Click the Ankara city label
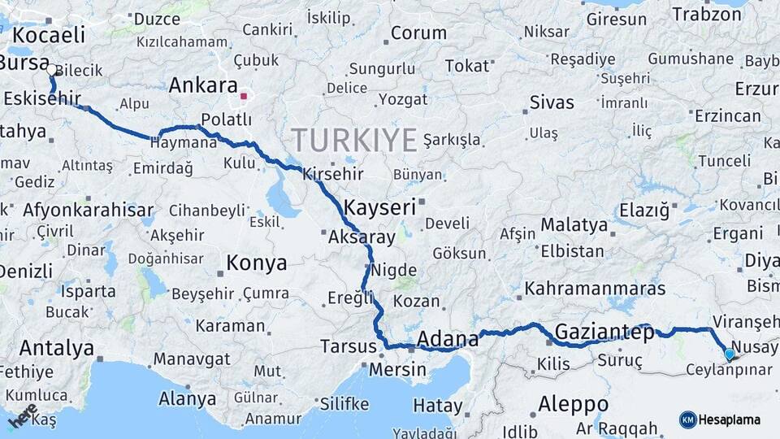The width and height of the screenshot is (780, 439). tap(203, 86)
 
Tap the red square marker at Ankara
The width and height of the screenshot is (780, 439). tap(243, 97)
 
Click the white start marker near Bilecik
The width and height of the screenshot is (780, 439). tap(52, 71)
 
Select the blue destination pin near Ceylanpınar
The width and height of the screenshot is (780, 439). tap(729, 354)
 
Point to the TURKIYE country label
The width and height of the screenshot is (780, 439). tap(354, 140)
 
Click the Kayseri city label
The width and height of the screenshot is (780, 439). tap(379, 206)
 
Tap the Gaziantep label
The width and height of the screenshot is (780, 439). tap(604, 332)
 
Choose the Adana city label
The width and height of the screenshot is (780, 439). tap(447, 338)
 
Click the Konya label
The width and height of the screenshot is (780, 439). tap(256, 263)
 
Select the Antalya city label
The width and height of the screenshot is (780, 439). tap(57, 349)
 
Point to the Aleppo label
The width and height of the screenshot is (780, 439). tap(573, 404)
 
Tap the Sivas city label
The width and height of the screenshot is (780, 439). tap(552, 102)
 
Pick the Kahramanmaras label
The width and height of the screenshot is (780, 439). tap(595, 289)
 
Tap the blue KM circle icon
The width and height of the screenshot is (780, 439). tap(687, 419)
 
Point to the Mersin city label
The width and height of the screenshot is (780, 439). tap(397, 370)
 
